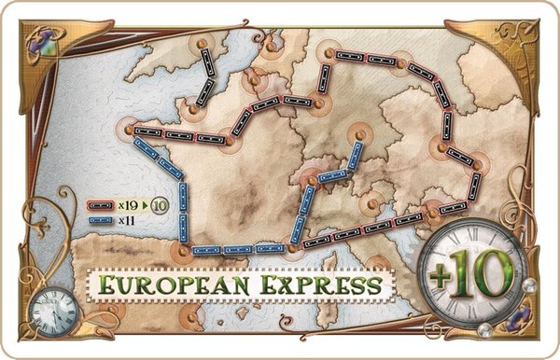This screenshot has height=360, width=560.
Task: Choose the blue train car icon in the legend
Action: pos(97,220)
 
